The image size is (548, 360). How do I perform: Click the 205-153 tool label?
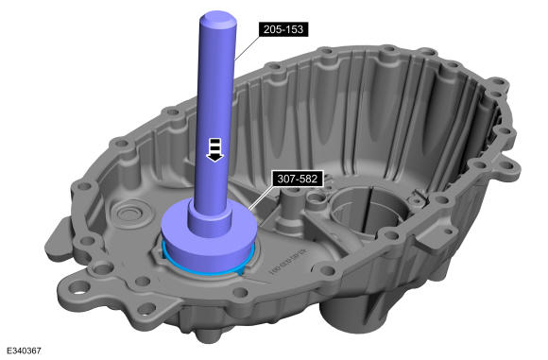[x=283, y=29]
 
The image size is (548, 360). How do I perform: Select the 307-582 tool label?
[x=298, y=179]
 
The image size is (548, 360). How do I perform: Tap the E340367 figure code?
[x=24, y=351]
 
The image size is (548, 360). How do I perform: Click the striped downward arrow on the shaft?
[x=214, y=149]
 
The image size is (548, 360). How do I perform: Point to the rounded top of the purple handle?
[x=218, y=19]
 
